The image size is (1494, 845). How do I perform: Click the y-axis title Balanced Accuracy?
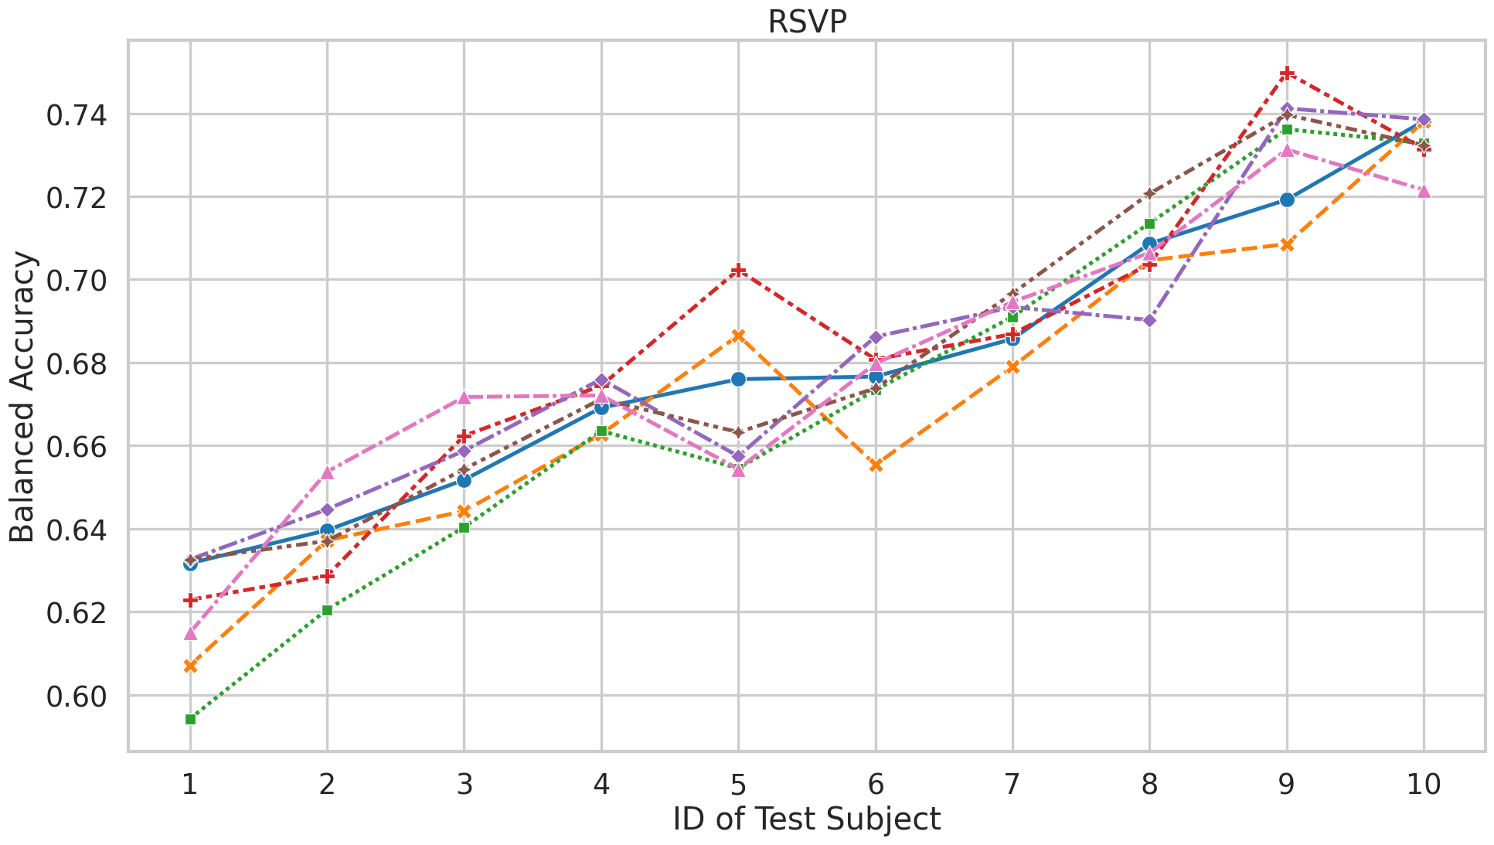[22, 397]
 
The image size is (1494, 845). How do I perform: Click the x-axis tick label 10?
[1423, 785]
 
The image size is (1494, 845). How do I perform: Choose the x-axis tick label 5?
[738, 785]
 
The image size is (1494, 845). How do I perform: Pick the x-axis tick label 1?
[189, 785]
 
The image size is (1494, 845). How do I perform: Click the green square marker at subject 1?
[190, 719]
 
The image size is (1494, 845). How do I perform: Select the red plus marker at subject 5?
[738, 271]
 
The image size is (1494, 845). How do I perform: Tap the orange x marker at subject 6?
[875, 465]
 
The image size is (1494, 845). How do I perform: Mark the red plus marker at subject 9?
[1286, 73]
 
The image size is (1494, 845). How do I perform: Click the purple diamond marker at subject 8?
[1149, 320]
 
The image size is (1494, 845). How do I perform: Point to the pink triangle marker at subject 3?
[464, 397]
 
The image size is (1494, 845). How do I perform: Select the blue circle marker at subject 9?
[1286, 199]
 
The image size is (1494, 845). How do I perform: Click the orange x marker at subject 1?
[190, 666]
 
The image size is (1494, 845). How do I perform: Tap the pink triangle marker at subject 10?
[1424, 190]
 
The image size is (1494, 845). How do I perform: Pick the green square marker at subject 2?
[327, 610]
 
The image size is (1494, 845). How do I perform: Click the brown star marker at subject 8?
[1149, 193]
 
